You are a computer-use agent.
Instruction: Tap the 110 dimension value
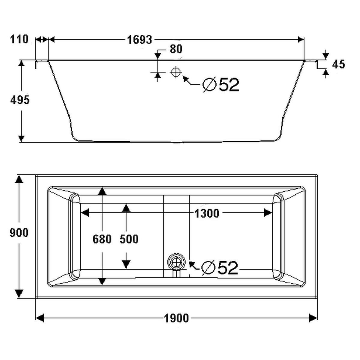click(19, 39)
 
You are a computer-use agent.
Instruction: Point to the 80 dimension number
click(176, 49)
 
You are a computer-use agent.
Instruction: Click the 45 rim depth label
click(339, 64)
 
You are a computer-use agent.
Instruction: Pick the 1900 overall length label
click(176, 318)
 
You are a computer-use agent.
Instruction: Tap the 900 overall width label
click(19, 232)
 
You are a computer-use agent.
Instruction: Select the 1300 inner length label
click(207, 214)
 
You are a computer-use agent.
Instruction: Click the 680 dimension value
click(102, 239)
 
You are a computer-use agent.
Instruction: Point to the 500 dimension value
click(129, 239)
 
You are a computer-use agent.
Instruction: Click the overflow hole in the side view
click(175, 72)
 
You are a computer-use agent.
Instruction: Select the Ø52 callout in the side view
click(221, 85)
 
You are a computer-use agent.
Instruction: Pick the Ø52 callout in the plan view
click(220, 267)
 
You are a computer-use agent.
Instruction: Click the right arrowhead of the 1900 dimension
click(313, 318)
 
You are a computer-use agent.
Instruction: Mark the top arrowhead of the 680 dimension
click(102, 191)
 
